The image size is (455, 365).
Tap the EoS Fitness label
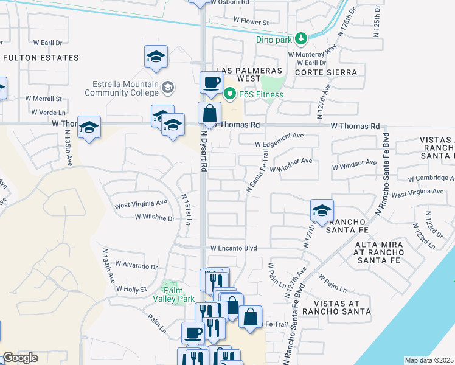pos(261,94)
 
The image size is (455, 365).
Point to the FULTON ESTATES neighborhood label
pos(41,58)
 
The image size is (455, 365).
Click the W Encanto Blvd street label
pos(234,248)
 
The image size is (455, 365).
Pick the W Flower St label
pos(251,22)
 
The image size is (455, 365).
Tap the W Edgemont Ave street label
pos(279,144)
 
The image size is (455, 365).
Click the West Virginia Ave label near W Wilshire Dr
pos(141,204)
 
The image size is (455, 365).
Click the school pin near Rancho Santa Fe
pos(322,210)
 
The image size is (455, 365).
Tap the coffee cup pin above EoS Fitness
pos(211,82)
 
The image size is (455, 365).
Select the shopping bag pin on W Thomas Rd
pos(209,113)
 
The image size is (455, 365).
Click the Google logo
pos(20,358)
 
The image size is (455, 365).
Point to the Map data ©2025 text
pos(429,360)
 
